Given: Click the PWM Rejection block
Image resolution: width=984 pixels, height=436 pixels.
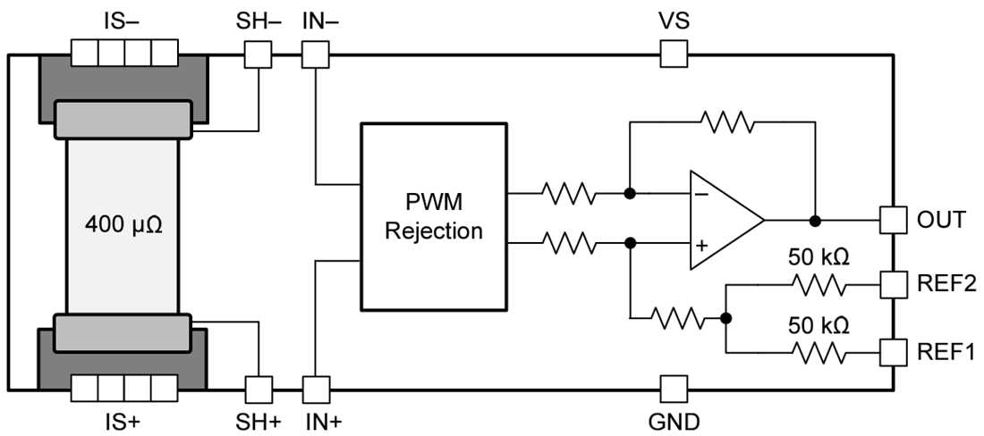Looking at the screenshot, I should tap(433, 217).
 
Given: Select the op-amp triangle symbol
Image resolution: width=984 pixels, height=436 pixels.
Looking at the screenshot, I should tap(721, 220).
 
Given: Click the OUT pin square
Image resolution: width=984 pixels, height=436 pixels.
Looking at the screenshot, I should tap(893, 220).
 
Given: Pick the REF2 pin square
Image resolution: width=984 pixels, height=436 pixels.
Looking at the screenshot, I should tap(893, 285).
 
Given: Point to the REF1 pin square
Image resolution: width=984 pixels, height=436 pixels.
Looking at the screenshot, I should tap(893, 351).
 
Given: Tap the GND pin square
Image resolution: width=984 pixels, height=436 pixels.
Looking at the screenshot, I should tap(674, 389).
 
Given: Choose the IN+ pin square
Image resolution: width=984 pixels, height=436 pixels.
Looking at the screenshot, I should tap(315, 389).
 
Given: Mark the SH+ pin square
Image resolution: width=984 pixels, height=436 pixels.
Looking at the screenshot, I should tap(259, 389).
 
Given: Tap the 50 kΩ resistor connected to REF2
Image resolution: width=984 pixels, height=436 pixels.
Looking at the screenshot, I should tap(817, 285).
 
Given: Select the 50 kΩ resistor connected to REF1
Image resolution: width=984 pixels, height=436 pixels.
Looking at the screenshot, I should tap(817, 351).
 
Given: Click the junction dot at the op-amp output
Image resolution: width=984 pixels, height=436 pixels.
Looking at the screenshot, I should tap(815, 220).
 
